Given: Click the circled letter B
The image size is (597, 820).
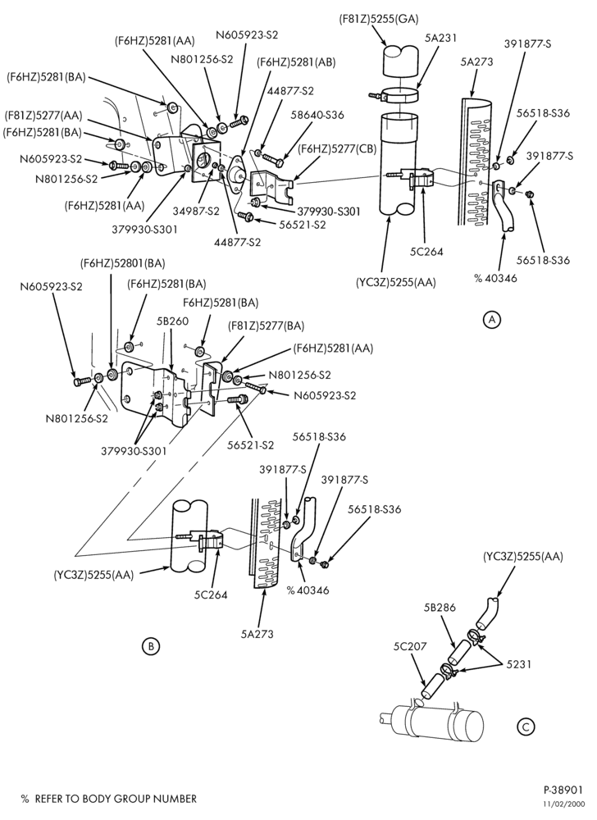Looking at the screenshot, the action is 151,646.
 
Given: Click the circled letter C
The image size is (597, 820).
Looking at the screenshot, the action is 526,726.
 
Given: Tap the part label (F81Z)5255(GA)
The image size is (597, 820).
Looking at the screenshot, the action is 379,19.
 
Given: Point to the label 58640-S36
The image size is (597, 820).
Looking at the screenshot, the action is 319,115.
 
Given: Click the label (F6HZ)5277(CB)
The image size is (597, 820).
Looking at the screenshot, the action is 338,148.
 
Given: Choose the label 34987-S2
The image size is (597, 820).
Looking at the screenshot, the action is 196,212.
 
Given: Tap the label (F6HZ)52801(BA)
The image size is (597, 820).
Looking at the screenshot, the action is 122,263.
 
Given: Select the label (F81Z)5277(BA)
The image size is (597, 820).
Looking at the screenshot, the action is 266,326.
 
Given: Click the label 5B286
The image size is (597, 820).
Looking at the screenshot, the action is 440,607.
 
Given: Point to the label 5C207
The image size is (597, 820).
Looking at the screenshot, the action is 410,646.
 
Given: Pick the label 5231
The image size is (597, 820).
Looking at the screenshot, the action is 518,664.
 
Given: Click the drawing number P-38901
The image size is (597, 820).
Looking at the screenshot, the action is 563,790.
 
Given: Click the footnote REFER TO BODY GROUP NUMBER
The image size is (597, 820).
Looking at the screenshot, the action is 116,799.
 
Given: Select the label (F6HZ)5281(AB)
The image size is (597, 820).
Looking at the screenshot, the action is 296,62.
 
